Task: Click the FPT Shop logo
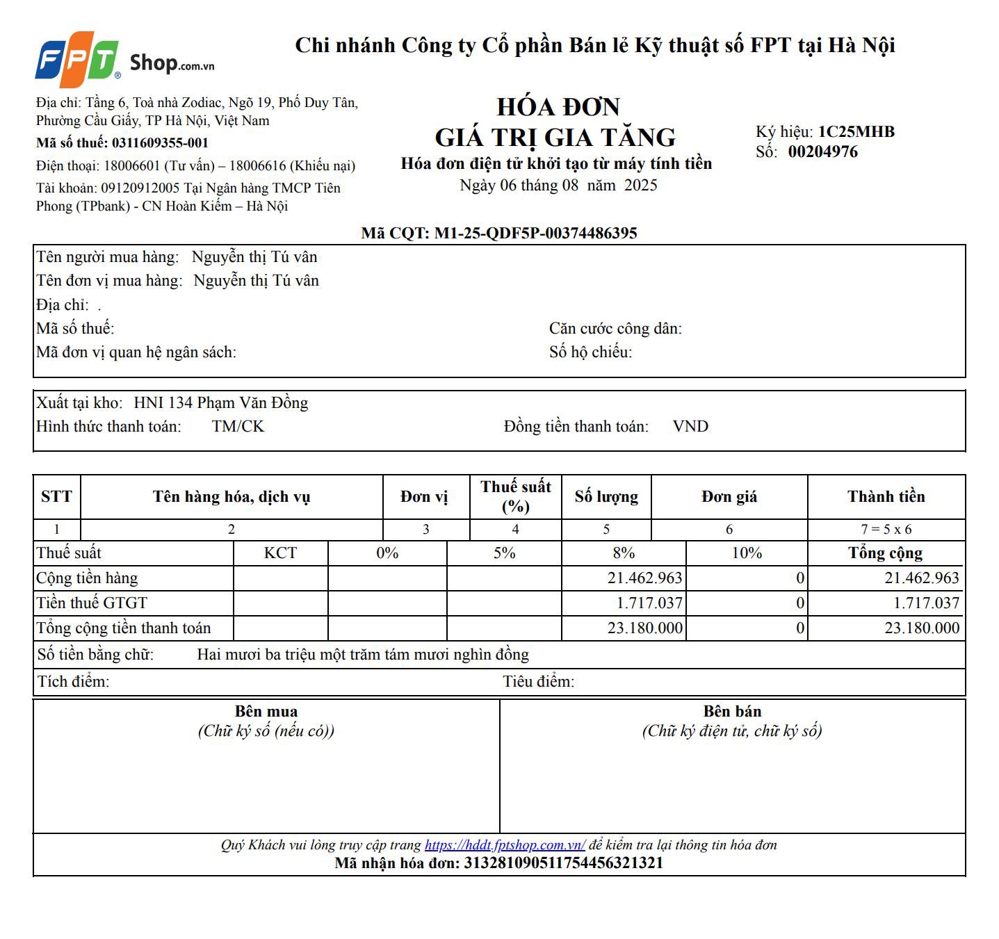[x=125, y=59]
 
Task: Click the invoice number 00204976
[x=822, y=152]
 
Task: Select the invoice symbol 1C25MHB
[x=856, y=131]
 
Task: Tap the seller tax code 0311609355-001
[x=160, y=142]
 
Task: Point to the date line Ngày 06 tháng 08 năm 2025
[x=558, y=185]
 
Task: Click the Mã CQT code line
[x=498, y=233]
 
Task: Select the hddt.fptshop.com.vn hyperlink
[x=505, y=844]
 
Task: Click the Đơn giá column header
[x=729, y=496]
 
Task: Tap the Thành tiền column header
[x=886, y=496]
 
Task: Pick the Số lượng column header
[x=606, y=496]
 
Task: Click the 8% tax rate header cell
[x=624, y=553]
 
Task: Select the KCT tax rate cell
[x=280, y=553]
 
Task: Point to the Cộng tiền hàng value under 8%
[x=644, y=578]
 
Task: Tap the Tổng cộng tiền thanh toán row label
[x=124, y=628]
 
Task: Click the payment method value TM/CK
[x=238, y=426]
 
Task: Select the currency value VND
[x=690, y=426]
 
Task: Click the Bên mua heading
[x=266, y=711]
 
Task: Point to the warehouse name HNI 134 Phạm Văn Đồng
[x=220, y=402]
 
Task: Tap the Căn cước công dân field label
[x=615, y=328]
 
